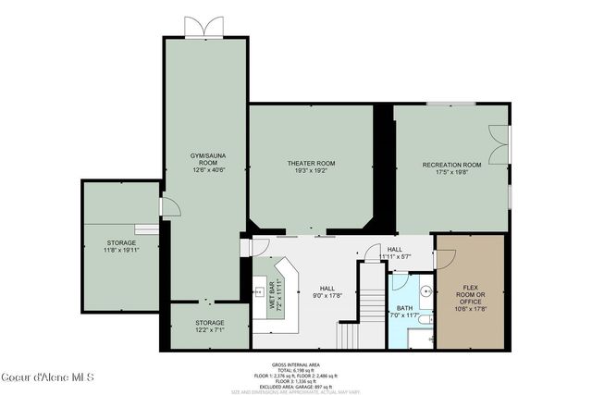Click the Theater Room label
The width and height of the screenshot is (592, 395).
click(310, 164)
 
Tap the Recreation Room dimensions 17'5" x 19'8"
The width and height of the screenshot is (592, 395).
click(452, 171)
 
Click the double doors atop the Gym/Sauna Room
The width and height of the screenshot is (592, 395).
click(204, 27)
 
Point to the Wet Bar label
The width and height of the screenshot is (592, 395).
click(274, 293)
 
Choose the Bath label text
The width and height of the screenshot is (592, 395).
click(406, 309)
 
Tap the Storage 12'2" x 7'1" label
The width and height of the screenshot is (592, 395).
click(209, 326)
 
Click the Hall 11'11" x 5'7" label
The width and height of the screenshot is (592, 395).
click(395, 253)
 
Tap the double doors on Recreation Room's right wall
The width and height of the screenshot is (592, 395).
click(501, 144)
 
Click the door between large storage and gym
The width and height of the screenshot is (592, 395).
click(166, 208)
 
